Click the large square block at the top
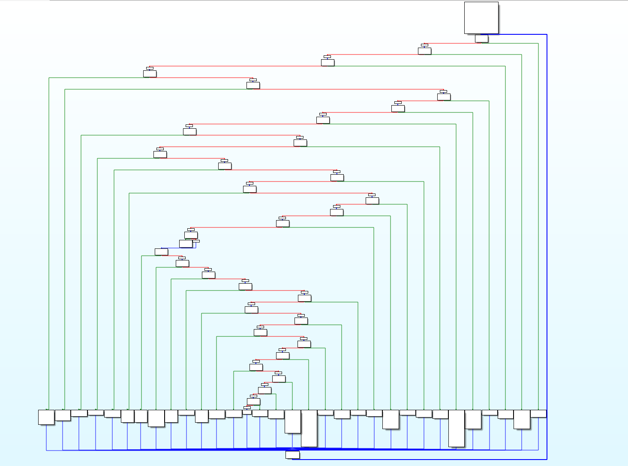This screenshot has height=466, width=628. (481, 18)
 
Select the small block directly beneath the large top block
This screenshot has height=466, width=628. (481, 39)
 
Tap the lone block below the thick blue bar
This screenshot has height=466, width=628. (292, 455)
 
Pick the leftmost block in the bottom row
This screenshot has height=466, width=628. (46, 417)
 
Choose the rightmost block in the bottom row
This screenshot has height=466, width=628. (538, 414)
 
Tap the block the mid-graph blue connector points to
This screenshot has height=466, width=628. (161, 252)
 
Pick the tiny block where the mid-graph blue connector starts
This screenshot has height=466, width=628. (196, 241)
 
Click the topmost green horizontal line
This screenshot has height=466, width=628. (510, 43)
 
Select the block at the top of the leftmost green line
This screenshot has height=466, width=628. (150, 74)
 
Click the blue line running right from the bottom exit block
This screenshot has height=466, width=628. (420, 459)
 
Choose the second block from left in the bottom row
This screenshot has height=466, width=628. (63, 415)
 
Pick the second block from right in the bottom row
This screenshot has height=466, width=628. (522, 419)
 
